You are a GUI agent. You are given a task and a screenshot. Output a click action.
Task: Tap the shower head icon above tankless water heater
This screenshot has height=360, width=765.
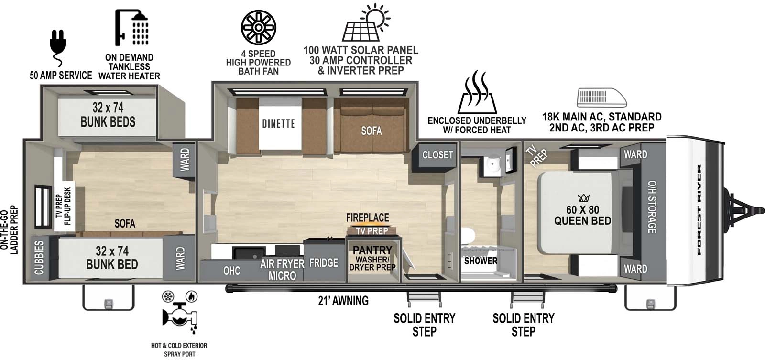(131, 27)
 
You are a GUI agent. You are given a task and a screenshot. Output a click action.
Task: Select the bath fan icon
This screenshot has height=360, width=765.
(258, 28)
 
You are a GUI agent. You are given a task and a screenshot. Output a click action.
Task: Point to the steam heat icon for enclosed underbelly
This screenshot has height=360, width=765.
(477, 94)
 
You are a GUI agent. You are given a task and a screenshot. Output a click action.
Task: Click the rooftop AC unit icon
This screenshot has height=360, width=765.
(601, 98)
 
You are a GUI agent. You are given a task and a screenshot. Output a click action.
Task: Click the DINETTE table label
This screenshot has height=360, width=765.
(278, 124)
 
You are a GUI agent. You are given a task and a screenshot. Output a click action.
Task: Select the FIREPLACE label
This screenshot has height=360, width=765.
(367, 218)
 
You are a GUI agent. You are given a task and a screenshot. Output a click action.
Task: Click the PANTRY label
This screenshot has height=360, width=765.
(372, 250)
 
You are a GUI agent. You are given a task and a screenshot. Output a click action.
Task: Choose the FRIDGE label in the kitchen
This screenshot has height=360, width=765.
(324, 262)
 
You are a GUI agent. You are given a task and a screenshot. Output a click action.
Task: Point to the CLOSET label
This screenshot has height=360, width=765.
(437, 155)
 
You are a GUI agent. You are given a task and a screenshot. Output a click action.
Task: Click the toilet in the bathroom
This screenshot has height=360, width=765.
(468, 237)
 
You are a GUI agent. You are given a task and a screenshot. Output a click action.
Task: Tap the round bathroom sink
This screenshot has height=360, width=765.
(491, 165)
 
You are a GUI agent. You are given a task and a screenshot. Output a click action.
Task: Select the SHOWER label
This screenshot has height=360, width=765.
(481, 261)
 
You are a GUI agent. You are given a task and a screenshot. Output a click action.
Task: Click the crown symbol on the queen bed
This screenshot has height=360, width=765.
(583, 197)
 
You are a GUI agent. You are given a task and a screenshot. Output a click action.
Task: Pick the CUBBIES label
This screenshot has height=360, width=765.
(39, 257)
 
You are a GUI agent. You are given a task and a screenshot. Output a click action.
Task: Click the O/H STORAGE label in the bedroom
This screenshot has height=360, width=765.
(652, 207)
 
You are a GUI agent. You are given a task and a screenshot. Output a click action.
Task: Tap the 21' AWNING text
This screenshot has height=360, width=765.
(343, 301)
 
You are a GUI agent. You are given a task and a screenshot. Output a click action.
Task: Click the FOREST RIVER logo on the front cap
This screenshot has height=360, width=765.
(699, 210)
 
